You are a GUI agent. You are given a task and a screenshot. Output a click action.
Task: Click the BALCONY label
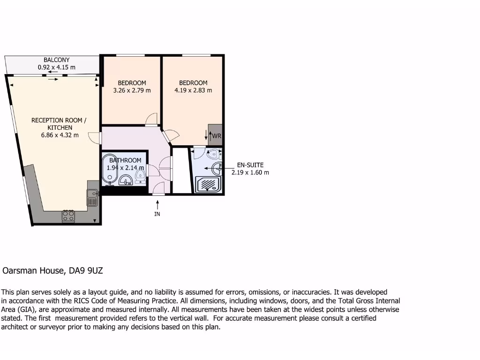pyautogui.click(x=56, y=60)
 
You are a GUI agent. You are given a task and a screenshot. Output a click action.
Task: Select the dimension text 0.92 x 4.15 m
pyautogui.click(x=56, y=67)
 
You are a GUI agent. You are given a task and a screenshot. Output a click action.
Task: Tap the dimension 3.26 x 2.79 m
pyautogui.click(x=132, y=90)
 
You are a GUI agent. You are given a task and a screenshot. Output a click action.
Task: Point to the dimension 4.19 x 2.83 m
pyautogui.click(x=193, y=90)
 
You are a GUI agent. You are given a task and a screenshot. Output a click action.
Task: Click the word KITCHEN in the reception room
pyautogui.click(x=60, y=127)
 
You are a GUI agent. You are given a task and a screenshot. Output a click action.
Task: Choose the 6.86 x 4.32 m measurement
pyautogui.click(x=60, y=135)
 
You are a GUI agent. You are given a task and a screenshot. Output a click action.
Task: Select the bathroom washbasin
pyautogui.click(x=126, y=180)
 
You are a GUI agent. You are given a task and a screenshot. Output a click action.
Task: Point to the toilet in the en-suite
pyautogui.click(x=214, y=153)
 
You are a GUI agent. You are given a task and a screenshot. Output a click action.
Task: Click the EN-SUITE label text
pyautogui.click(x=250, y=165)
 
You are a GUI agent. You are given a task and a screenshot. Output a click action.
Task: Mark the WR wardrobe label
pyautogui.click(x=216, y=136)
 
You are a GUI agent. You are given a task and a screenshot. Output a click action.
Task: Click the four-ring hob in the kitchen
pyautogui.click(x=68, y=216)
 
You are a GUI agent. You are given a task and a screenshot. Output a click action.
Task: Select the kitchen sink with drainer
pyautogui.click(x=92, y=197)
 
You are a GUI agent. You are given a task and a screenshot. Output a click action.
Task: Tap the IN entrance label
pyautogui.click(x=157, y=214)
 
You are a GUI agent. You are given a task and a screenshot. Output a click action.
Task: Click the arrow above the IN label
pyautogui.click(x=157, y=204)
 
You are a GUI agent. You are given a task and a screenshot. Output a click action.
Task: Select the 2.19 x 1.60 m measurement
pyautogui.click(x=250, y=172)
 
